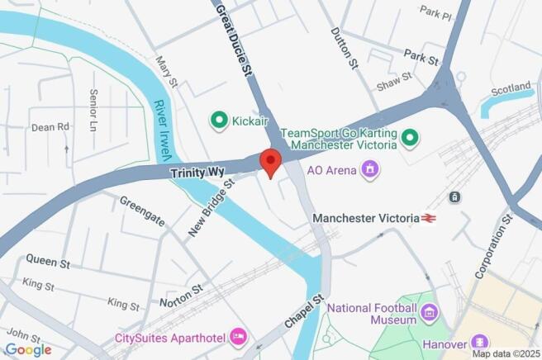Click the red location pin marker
[x=270, y=160]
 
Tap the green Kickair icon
[x=219, y=121]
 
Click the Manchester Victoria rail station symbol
[x=428, y=218]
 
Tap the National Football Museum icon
[x=428, y=312]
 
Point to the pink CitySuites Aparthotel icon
[x=239, y=335]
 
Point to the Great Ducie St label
[x=235, y=39]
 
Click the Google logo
[x=27, y=349]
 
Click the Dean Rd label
[x=50, y=127]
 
